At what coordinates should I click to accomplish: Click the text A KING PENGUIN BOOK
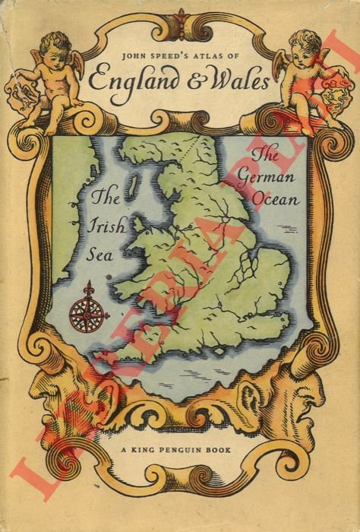(x=179, y=450)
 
